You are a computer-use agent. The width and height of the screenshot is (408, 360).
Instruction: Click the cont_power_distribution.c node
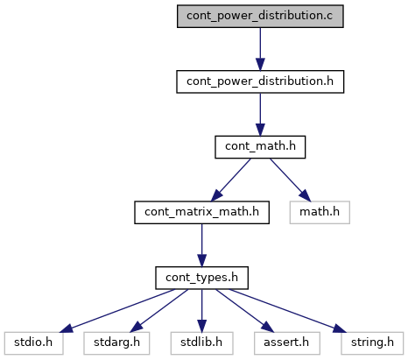[x=260, y=17]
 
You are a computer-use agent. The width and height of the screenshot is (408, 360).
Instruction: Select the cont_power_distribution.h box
[x=260, y=81]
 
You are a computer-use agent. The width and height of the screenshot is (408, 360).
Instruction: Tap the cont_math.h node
[x=260, y=147]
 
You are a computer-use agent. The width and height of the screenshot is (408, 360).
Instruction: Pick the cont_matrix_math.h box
[x=201, y=213]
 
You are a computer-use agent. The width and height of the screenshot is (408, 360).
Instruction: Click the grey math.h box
[x=320, y=213]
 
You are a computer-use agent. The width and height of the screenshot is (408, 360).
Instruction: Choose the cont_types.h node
[x=201, y=278]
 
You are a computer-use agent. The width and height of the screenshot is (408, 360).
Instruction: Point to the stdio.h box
[x=33, y=343]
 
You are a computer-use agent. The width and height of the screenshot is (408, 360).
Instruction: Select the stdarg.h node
[x=116, y=343]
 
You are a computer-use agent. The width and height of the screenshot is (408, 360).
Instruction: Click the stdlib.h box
[x=201, y=343]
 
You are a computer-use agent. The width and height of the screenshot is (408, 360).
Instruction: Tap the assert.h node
[x=287, y=343]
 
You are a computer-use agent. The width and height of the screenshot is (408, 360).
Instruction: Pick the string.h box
[x=372, y=343]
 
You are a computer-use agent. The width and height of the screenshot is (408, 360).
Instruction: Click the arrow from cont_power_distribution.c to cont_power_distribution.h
[x=260, y=49]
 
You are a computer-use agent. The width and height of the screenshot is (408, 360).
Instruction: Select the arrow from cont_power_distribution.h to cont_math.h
[x=260, y=115]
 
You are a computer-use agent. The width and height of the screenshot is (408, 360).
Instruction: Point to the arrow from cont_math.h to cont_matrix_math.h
[x=231, y=180]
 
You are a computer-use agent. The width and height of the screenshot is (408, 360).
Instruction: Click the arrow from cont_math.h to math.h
[x=291, y=180]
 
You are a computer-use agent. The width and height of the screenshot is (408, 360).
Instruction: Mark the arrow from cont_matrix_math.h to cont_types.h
[x=201, y=245]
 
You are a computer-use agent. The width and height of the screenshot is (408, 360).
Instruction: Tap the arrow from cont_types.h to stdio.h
[x=117, y=311]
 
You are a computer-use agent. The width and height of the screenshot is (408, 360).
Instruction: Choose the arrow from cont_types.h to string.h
[x=287, y=311]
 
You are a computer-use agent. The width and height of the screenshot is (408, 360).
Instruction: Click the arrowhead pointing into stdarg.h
[x=136, y=327]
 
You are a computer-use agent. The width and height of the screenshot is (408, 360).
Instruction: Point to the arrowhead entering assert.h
[x=268, y=327]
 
